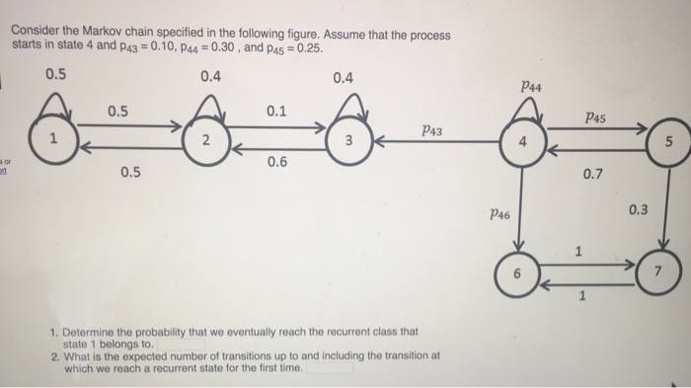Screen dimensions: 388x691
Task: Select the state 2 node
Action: point(204,141)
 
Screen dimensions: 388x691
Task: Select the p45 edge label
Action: point(594,117)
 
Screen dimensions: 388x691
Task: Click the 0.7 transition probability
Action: point(593,175)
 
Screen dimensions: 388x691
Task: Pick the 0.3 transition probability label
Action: point(639,209)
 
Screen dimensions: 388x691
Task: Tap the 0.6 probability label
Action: point(276,163)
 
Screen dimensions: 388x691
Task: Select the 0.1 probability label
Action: point(277,111)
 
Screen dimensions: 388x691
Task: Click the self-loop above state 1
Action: point(55,99)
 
